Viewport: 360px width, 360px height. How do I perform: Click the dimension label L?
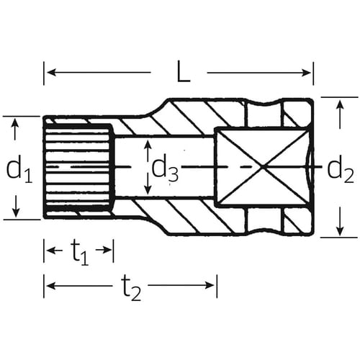coord(184,72)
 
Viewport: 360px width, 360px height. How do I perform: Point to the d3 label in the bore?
coord(164,168)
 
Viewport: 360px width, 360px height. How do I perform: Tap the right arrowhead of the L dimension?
coord(309,72)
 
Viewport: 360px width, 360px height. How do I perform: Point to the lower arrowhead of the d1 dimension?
coord(15,213)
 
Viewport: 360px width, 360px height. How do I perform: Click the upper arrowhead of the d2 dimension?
coord(338,102)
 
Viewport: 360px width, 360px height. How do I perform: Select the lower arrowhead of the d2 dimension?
coord(338,232)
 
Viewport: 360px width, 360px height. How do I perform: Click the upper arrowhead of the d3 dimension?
coord(147,146)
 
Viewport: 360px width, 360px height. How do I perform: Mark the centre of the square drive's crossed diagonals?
coord(266,168)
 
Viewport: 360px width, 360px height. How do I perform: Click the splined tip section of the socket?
coord(78,168)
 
